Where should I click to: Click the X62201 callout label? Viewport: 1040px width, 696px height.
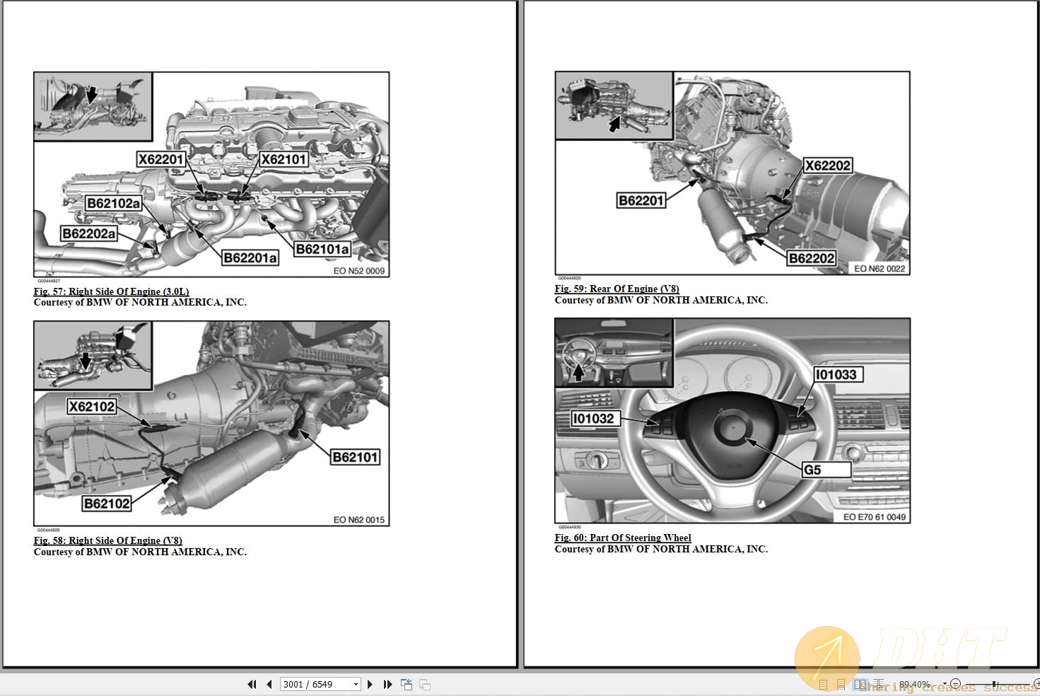click(161, 160)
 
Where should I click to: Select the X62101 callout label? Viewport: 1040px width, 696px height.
click(284, 160)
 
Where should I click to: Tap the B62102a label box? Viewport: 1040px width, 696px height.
click(113, 204)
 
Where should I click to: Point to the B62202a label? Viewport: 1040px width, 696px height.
click(89, 234)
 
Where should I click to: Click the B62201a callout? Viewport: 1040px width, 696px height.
click(250, 258)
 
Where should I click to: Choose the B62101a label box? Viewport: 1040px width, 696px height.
click(322, 249)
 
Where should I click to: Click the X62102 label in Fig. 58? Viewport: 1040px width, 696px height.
click(92, 407)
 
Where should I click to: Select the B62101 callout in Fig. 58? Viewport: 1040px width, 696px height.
click(356, 458)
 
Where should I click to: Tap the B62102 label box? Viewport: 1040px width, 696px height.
click(107, 504)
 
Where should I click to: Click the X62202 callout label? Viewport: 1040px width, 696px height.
click(828, 166)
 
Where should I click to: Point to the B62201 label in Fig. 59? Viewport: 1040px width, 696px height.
click(641, 201)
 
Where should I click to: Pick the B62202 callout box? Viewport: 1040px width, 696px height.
click(812, 259)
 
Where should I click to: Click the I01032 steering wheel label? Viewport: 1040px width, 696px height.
click(594, 419)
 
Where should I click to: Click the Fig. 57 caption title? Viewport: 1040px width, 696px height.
click(111, 291)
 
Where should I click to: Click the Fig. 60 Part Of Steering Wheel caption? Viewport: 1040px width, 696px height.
click(623, 538)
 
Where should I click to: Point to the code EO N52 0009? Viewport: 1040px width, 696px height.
click(359, 271)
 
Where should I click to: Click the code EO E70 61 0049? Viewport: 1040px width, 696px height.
click(874, 517)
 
